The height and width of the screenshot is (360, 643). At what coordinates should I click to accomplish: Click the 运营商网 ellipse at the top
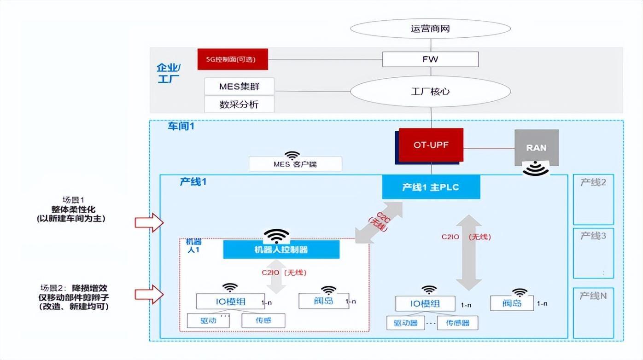pos(430,29)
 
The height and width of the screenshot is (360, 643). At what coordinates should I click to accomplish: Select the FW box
pos(430,59)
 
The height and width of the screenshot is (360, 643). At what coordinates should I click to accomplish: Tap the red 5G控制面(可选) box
pos(233,59)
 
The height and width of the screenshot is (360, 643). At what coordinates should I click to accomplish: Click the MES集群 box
pos(239,87)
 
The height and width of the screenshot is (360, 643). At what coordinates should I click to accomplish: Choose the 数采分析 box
pos(239,105)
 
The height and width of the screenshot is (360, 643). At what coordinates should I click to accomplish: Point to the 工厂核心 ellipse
pos(430,91)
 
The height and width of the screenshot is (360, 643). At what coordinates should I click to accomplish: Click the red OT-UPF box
pos(431,145)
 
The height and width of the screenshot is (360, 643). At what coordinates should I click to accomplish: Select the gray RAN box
pos(536,147)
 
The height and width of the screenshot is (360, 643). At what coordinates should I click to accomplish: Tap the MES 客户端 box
pos(295,164)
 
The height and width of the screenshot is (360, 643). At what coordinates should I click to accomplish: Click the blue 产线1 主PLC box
pos(431,187)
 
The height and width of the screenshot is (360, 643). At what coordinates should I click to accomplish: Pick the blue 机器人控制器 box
pos(281,250)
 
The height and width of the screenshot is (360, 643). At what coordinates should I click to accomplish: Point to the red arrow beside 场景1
pos(149,223)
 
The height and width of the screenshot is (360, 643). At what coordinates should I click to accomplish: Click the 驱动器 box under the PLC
pos(406,323)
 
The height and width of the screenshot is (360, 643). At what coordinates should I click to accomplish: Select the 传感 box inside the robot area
pos(263,321)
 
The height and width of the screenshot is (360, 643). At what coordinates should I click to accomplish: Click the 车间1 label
pos(181,126)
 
